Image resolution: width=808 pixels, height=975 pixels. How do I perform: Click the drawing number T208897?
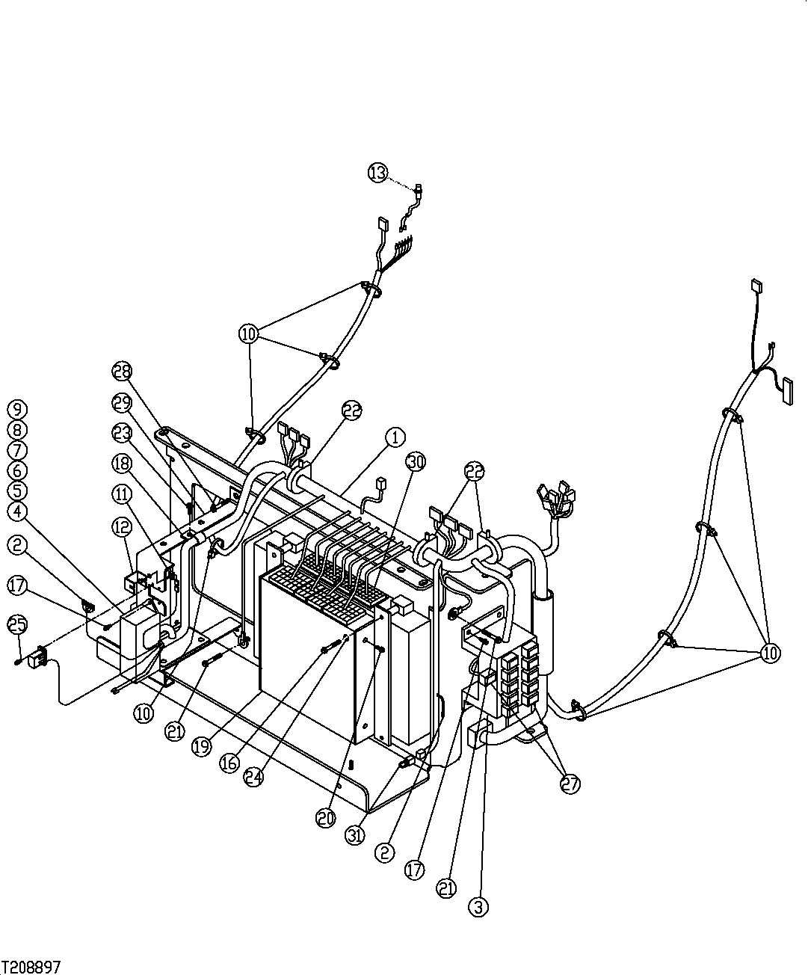pyautogui.click(x=32, y=966)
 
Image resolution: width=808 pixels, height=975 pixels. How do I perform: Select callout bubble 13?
pyautogui.click(x=377, y=173)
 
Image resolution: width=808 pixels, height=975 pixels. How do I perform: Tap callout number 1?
pyautogui.click(x=396, y=437)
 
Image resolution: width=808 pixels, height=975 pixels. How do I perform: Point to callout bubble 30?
pyautogui.click(x=416, y=461)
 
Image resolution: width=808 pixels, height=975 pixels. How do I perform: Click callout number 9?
pyautogui.click(x=17, y=409)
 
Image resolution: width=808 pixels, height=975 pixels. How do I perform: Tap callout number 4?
pyautogui.click(x=17, y=512)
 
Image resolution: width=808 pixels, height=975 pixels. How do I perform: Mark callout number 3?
pyautogui.click(x=478, y=908)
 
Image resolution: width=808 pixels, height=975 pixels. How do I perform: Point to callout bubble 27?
pyautogui.click(x=570, y=784)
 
